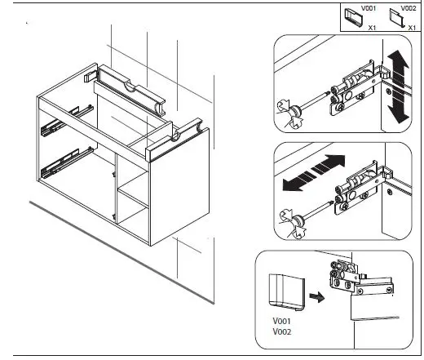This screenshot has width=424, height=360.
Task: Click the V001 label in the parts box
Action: pyautogui.click(x=369, y=8)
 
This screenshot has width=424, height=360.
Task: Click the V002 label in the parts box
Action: pyautogui.click(x=409, y=8)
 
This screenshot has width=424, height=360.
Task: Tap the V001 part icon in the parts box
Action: pyautogui.click(x=354, y=18)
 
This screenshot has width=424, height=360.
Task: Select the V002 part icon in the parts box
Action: pyautogui.click(x=397, y=18)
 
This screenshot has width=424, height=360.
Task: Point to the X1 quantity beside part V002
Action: pyautogui.click(x=412, y=28)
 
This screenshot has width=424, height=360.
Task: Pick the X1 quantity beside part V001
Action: pyautogui.click(x=372, y=28)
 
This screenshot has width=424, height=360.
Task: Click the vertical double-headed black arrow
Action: pyautogui.click(x=398, y=87)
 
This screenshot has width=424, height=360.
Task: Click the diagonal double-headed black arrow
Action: pyautogui.click(x=314, y=173)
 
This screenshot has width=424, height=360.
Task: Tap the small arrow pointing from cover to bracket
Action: pyautogui.click(x=317, y=297)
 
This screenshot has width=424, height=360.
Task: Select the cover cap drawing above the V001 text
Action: pyautogui.click(x=287, y=292)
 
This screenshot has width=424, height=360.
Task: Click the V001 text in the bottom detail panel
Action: pyautogui.click(x=282, y=321)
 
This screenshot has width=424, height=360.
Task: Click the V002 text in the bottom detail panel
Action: pyautogui.click(x=282, y=332)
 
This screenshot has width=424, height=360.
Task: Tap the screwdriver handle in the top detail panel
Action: pyautogui.click(x=289, y=113)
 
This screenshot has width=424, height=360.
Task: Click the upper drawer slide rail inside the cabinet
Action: pyautogui.click(x=67, y=120)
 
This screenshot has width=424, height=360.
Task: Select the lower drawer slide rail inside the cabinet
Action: pyautogui.click(x=67, y=162)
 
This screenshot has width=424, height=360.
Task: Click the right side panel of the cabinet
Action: pyautogui.click(x=179, y=187)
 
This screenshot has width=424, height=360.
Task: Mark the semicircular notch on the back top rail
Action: pyautogui.click(x=130, y=87)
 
